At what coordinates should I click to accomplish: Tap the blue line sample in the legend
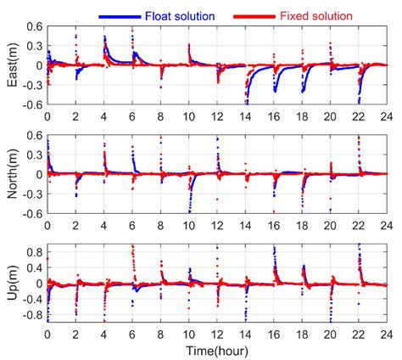point(125,14)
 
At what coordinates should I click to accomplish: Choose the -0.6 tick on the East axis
point(30,104)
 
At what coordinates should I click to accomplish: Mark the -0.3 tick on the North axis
point(30,194)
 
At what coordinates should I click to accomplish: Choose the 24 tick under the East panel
point(385,116)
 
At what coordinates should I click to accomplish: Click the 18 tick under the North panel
point(301,225)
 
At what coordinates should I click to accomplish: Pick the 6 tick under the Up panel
point(132,334)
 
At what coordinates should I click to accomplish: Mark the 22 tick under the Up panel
point(357,334)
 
